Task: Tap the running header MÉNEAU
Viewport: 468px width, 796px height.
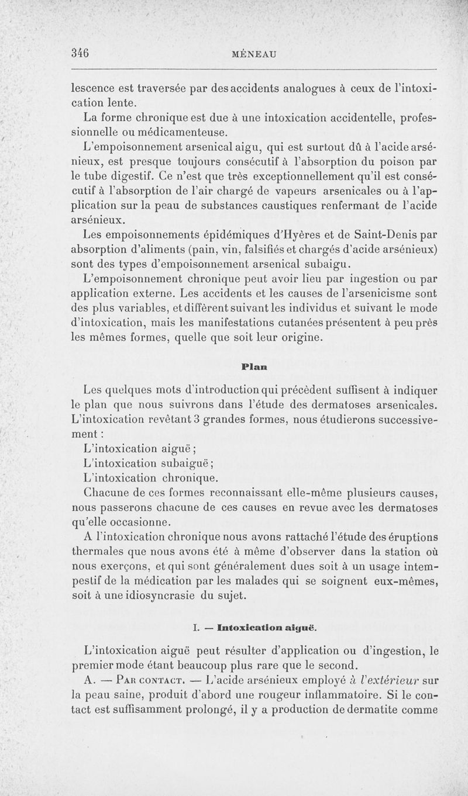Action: point(254,53)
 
